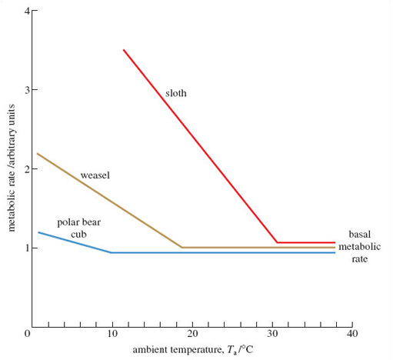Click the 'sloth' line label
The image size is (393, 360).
[x=176, y=94]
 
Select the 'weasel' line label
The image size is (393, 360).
[x=95, y=175]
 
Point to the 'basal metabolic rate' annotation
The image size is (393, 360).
[x=360, y=246]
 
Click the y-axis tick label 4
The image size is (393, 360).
[x=25, y=12]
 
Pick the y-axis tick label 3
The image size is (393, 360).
[x=25, y=91]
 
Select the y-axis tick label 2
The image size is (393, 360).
[x=25, y=169]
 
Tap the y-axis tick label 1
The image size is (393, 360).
[x=25, y=248]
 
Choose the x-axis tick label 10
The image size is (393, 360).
[x=112, y=334]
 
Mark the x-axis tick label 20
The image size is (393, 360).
[x=192, y=334]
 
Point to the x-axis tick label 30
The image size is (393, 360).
[x=272, y=334]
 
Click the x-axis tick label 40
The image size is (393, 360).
[x=352, y=334]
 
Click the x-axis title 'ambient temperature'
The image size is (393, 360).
[x=192, y=350]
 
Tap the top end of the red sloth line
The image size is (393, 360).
[x=123, y=50]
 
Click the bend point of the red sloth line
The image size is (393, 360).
[x=277, y=242]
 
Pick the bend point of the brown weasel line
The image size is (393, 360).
[x=182, y=248]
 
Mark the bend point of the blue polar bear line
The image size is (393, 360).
[x=112, y=252]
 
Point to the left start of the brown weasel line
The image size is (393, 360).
[x=38, y=154]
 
